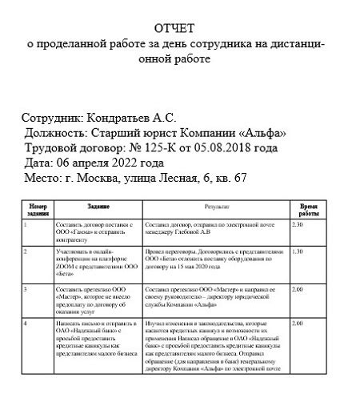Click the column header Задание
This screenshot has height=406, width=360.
tap(98, 206)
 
